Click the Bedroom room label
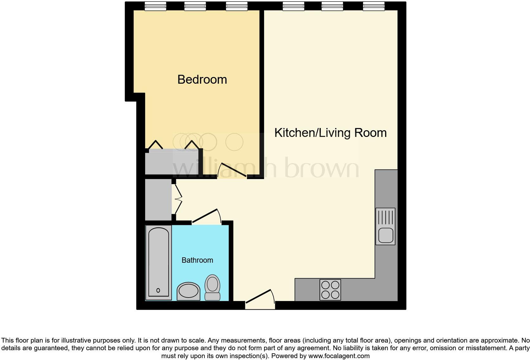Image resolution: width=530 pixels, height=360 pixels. click(x=202, y=80)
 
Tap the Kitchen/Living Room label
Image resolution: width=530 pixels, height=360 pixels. click(x=330, y=133)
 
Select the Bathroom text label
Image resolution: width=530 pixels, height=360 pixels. click(x=197, y=260)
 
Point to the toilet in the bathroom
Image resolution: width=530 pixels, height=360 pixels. click(x=212, y=287)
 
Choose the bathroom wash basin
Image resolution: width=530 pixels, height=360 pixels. click(x=188, y=291)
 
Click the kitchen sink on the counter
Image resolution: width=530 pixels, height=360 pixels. click(x=385, y=226)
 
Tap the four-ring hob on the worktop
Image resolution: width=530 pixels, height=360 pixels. click(x=330, y=290)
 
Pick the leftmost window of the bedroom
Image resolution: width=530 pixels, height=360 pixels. click(x=155, y=6)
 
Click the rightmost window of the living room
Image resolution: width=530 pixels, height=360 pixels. click(x=374, y=6)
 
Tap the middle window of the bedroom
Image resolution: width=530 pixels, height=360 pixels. click(x=195, y=6)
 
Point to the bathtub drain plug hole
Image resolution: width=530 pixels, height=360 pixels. click(x=158, y=290)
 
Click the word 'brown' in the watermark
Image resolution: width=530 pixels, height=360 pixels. click(x=321, y=168)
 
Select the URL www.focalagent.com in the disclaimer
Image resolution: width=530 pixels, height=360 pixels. click(x=339, y=356)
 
